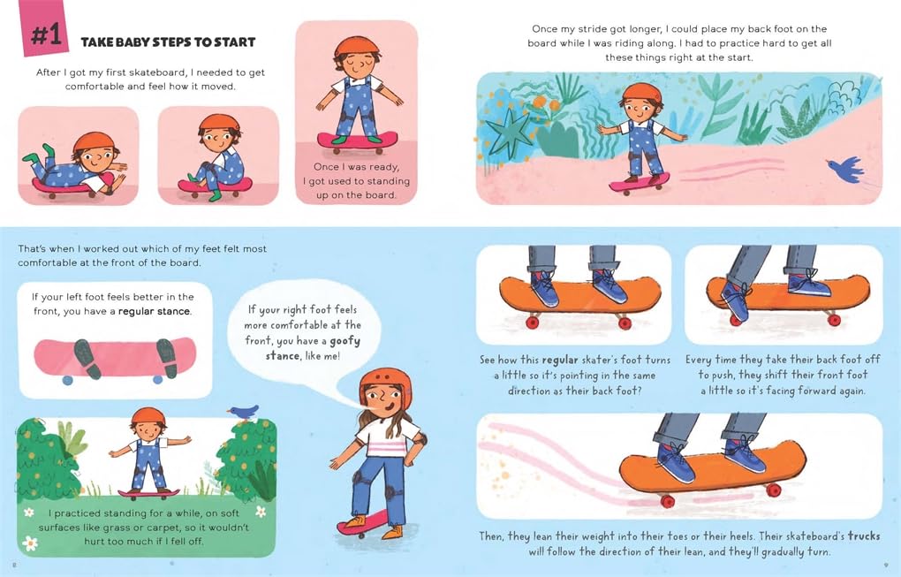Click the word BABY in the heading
click(129, 42)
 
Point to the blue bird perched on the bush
click(244, 411)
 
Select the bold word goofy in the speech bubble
click(344, 340)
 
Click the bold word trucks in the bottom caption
click(864, 535)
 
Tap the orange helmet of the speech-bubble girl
click(385, 383)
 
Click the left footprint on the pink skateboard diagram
click(87, 358)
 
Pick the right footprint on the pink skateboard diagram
click(167, 358)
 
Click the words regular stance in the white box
click(154, 312)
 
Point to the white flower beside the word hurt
click(30, 542)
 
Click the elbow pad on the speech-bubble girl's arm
click(421, 441)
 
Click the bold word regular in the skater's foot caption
click(560, 360)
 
